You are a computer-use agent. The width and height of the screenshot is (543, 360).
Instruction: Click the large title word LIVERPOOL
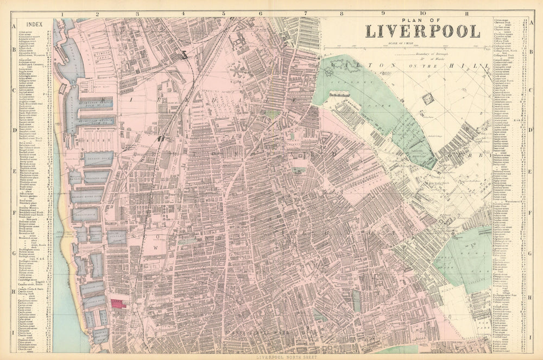pyautogui.click(x=422, y=31)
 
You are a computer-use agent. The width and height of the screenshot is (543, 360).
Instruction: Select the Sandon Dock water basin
pyautogui.click(x=98, y=159)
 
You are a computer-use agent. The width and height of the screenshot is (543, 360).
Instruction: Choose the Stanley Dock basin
pyautogui.click(x=116, y=237)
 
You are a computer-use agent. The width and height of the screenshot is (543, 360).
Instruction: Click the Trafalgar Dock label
pyautogui.click(x=92, y=288)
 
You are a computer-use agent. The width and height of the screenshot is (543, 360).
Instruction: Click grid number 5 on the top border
pyautogui.click(x=223, y=15)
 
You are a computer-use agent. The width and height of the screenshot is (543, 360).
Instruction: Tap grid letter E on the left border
pyautogui.click(x=13, y=170)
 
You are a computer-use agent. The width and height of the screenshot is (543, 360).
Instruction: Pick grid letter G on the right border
pyautogui.click(x=530, y=252)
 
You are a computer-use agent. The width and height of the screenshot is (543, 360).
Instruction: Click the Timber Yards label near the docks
pyautogui.click(x=103, y=57)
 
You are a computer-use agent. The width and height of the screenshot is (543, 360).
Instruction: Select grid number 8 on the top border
pyautogui.click(x=341, y=15)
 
